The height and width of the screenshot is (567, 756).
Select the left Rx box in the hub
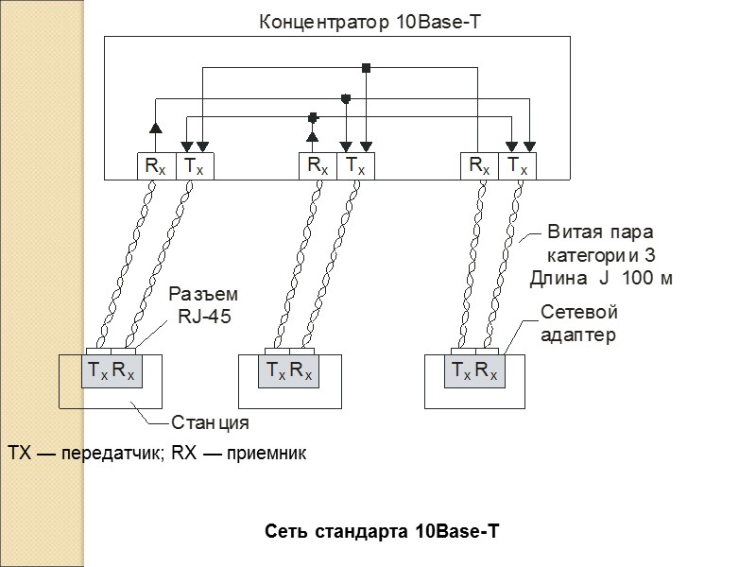[x=154, y=166]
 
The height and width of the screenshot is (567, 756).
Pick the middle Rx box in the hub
[x=318, y=166]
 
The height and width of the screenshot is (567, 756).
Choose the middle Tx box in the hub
[x=355, y=166]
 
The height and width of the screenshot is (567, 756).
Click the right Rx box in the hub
[x=479, y=166]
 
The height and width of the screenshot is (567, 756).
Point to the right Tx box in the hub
[x=517, y=166]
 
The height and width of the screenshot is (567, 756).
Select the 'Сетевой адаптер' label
[x=577, y=322]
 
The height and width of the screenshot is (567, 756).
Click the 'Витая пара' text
[x=600, y=232]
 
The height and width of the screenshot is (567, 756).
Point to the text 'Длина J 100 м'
[x=600, y=278]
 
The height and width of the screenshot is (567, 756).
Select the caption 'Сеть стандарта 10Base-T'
[x=381, y=533]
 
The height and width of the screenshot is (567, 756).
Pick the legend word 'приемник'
[x=267, y=455]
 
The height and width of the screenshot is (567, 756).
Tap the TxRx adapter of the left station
[x=112, y=371]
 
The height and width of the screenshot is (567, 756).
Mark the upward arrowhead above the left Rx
[x=154, y=127]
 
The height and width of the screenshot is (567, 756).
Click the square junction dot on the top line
[x=366, y=68]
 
